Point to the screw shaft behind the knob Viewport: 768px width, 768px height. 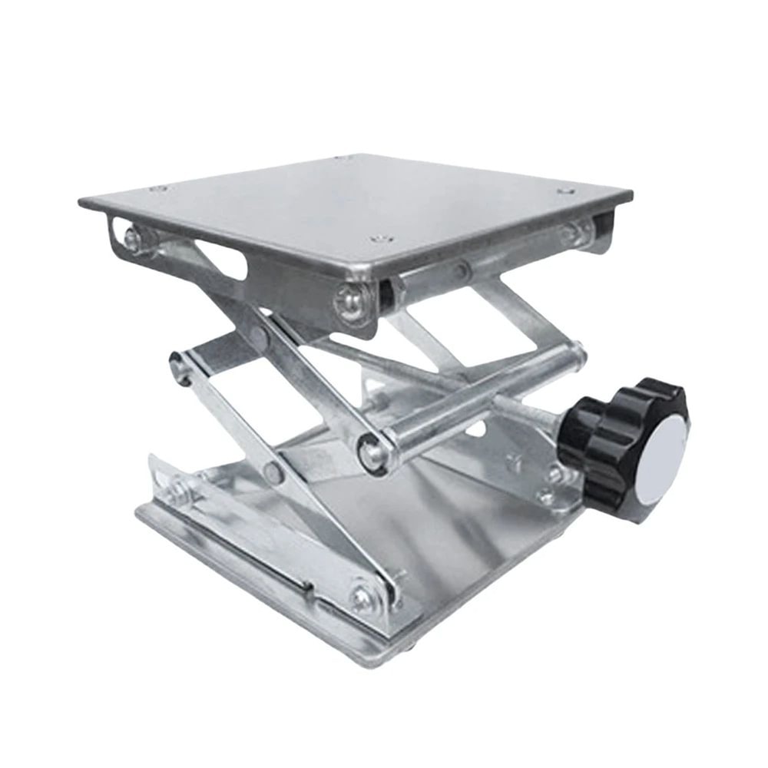pos(538,411)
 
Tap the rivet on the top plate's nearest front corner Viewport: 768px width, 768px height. pos(376,240)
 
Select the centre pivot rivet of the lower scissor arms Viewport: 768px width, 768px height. pos(273,472)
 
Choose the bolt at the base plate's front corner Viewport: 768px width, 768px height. pos(361,596)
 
